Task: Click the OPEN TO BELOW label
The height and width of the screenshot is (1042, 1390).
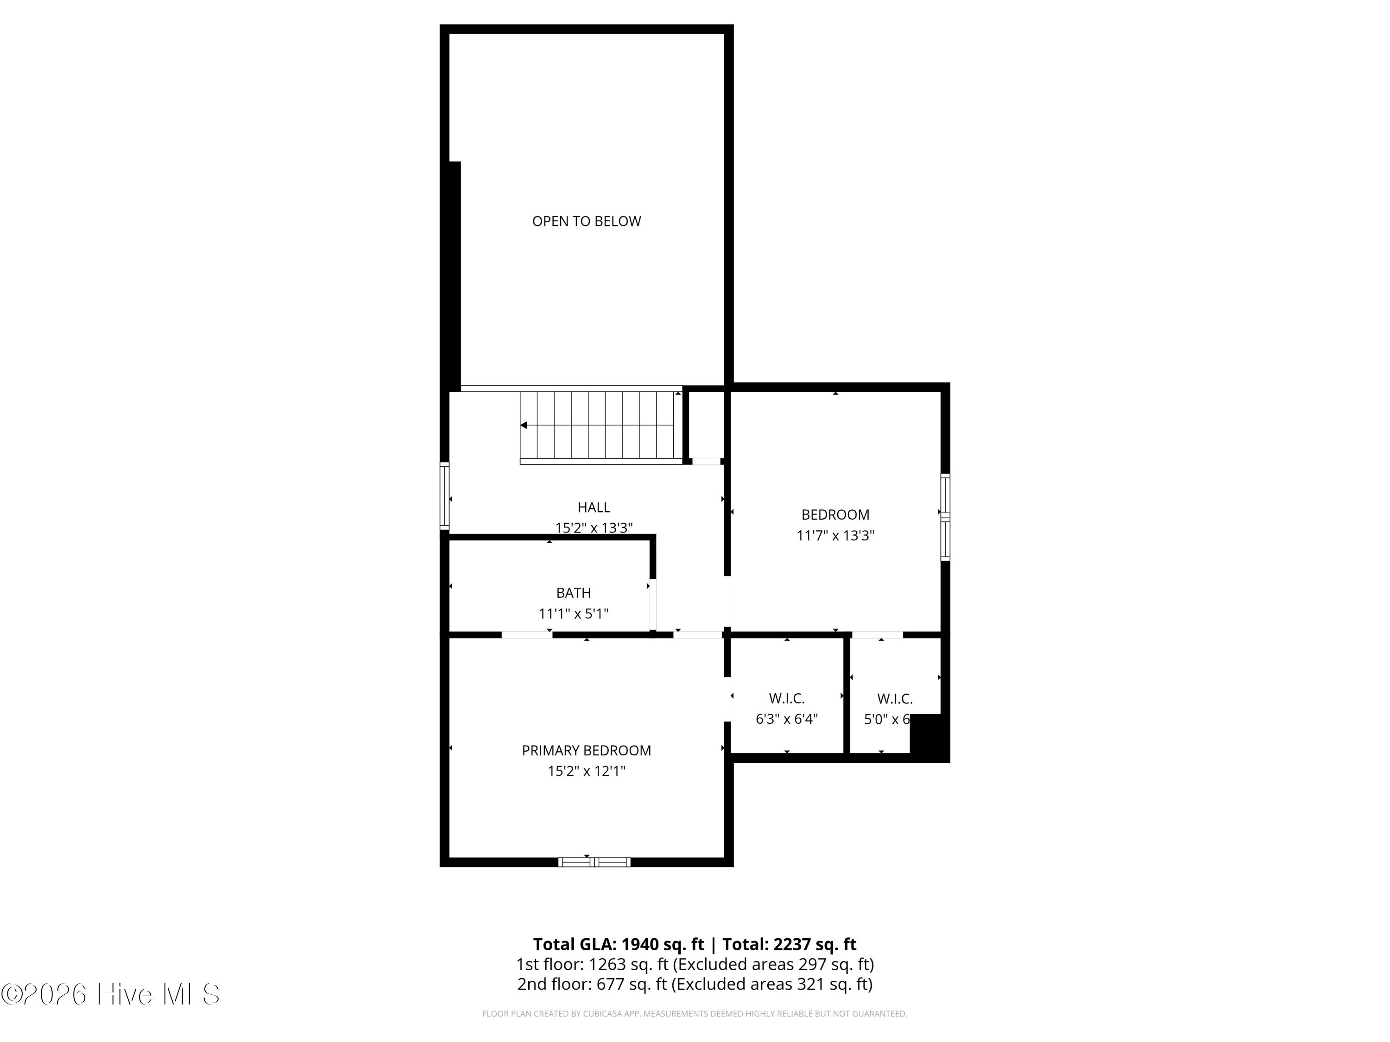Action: pyautogui.click(x=586, y=221)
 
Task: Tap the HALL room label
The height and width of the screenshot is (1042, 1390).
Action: pyautogui.click(x=594, y=507)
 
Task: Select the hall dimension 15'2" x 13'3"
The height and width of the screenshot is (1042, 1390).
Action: pyautogui.click(x=594, y=527)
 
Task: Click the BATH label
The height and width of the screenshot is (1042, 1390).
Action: pyautogui.click(x=573, y=592)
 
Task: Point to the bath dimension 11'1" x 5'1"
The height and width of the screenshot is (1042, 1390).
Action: pyautogui.click(x=573, y=614)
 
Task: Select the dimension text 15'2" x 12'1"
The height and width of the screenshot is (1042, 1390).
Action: pyautogui.click(x=586, y=771)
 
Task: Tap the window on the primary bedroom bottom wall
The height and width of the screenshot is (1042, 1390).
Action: pyautogui.click(x=594, y=862)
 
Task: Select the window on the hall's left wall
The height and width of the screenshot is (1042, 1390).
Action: pyautogui.click(x=444, y=496)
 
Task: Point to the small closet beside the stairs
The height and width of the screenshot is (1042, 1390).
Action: pyautogui.click(x=706, y=425)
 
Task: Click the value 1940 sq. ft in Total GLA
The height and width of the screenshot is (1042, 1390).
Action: pyautogui.click(x=662, y=944)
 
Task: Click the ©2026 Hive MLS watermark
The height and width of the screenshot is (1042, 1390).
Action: pyautogui.click(x=111, y=994)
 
